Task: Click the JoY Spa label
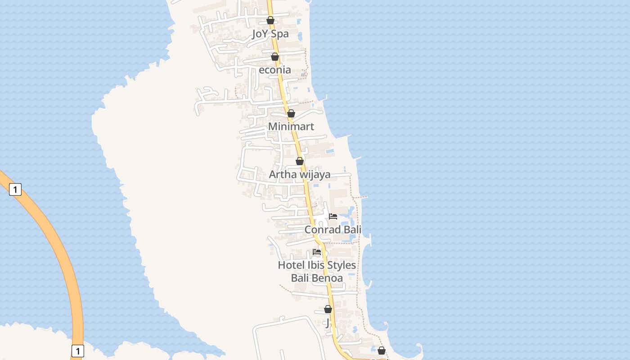(x=270, y=34)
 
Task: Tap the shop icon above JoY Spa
(x=270, y=20)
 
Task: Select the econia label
(x=274, y=70)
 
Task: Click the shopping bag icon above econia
(x=275, y=57)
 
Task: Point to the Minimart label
(x=291, y=126)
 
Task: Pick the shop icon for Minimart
(x=291, y=113)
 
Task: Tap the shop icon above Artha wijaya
(x=300, y=161)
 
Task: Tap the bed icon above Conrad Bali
(x=333, y=216)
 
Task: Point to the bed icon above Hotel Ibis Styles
(x=317, y=252)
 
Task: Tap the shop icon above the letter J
(x=328, y=309)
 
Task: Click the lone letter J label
(x=328, y=323)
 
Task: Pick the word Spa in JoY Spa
(x=279, y=34)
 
